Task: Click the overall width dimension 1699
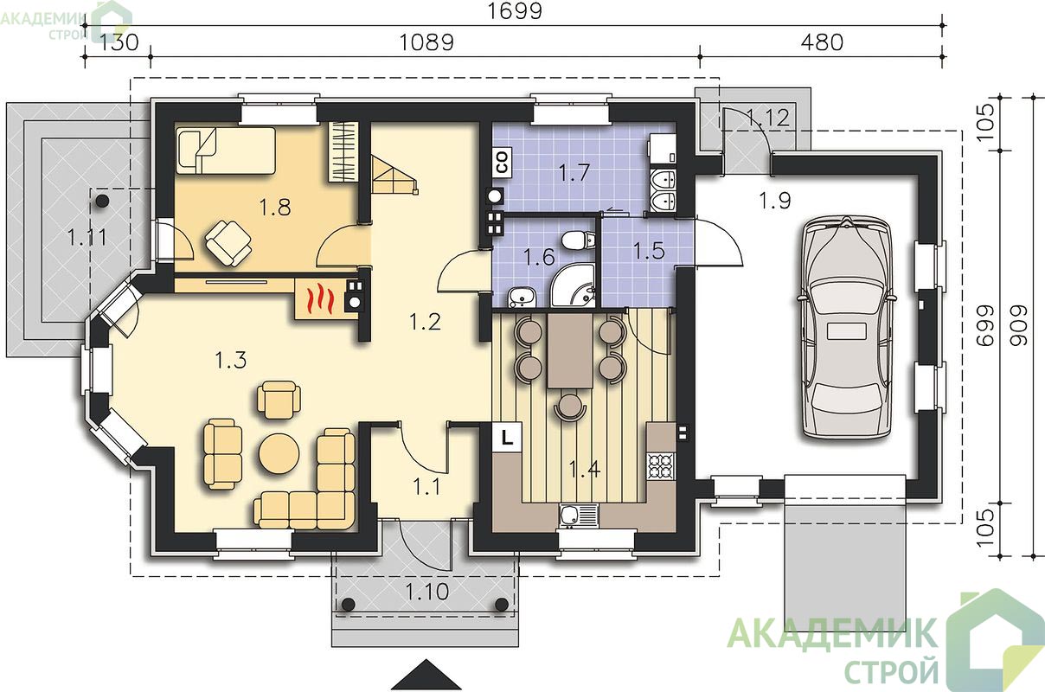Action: click(x=515, y=11)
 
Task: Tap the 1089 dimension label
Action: click(x=426, y=42)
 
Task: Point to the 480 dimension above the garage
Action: click(x=822, y=42)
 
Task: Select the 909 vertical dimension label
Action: click(x=1019, y=325)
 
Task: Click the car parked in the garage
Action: click(x=846, y=328)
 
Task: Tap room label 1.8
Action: click(x=275, y=208)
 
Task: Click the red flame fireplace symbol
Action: click(x=319, y=299)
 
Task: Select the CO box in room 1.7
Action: click(x=502, y=163)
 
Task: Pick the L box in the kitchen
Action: click(x=507, y=437)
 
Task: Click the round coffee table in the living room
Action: click(x=279, y=453)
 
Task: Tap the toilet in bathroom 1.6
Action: click(x=579, y=240)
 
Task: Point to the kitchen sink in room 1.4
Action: click(x=578, y=516)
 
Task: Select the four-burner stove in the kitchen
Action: click(x=661, y=466)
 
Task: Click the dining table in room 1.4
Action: click(x=570, y=350)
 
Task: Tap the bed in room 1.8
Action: click(x=227, y=151)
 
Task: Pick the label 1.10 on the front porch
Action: click(x=426, y=592)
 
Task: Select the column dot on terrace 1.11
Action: click(x=102, y=202)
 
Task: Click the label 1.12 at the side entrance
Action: click(x=767, y=117)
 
